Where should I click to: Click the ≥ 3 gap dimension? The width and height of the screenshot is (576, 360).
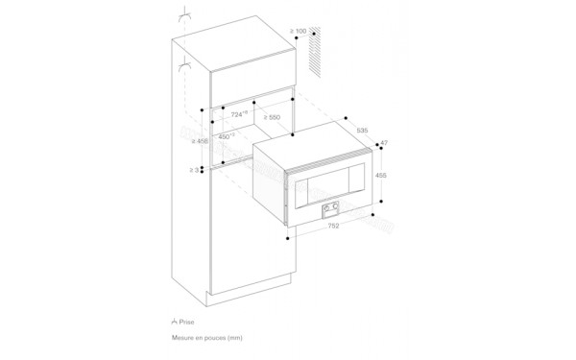pyautogui.click(x=195, y=170)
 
